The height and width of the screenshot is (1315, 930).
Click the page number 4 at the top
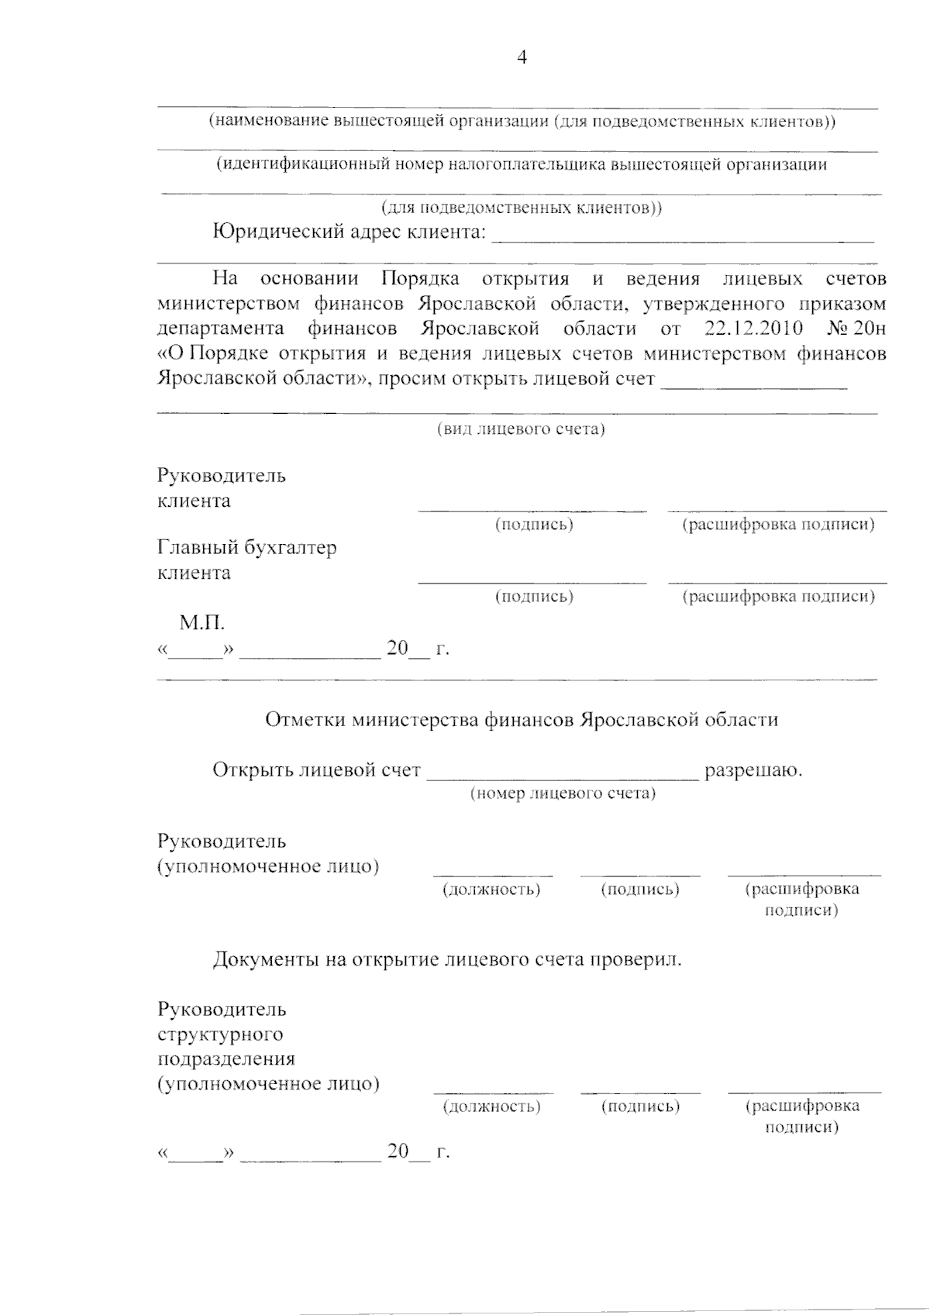click(522, 58)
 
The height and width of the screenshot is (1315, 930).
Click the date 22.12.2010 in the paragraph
click(754, 329)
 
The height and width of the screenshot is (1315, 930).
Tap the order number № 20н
click(856, 329)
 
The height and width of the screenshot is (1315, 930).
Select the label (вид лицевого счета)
click(521, 429)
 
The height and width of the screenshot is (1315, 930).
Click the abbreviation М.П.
click(201, 622)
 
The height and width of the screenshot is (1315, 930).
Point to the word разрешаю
click(753, 770)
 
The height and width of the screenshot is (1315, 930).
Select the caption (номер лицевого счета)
click(563, 793)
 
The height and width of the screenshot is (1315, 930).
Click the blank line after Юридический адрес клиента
click(683, 240)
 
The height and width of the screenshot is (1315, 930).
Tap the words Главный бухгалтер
click(247, 548)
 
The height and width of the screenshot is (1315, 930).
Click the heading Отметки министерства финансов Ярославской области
click(522, 720)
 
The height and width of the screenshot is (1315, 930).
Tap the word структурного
click(221, 1034)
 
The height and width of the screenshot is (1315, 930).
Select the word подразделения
click(226, 1059)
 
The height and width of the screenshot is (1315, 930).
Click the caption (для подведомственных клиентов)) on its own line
click(522, 208)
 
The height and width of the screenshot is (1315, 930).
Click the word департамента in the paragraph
click(220, 329)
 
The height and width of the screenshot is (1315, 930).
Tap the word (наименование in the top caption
click(269, 122)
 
